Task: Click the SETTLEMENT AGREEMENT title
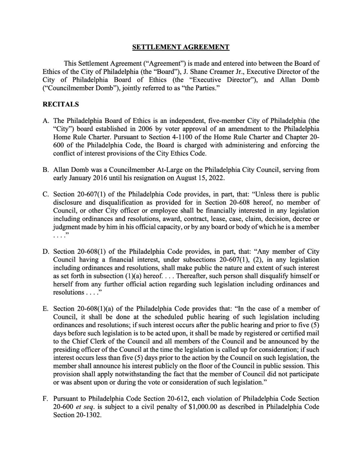click(181, 47)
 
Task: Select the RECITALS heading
click(61, 104)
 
